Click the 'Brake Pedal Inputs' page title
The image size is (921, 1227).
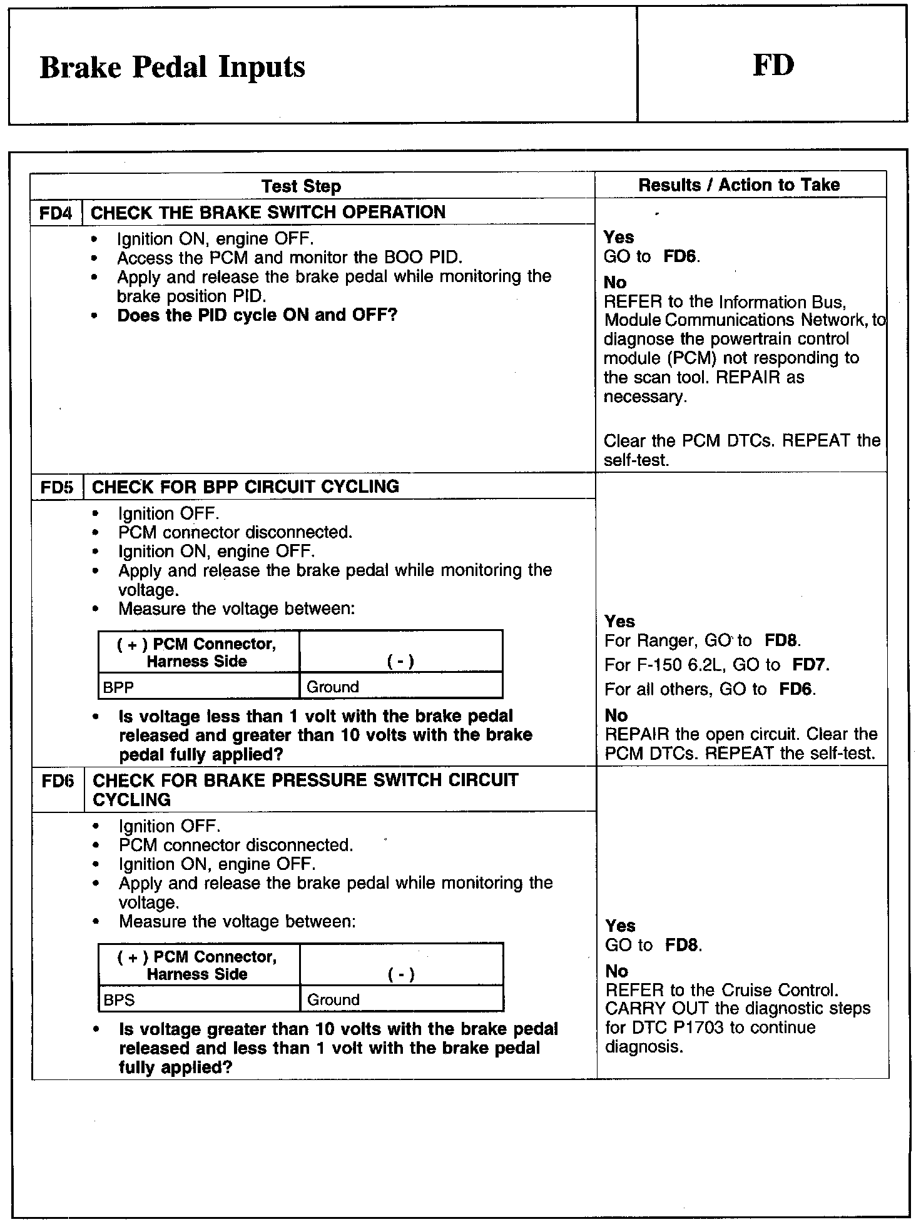172,67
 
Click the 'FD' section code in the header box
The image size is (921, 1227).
773,65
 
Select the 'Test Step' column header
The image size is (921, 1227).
301,186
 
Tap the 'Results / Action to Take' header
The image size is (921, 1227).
739,184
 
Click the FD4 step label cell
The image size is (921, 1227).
56,213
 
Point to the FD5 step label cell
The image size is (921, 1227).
57,487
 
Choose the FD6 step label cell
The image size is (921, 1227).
58,780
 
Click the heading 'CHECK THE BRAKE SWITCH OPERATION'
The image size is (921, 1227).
268,212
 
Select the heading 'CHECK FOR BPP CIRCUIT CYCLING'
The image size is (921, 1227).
245,487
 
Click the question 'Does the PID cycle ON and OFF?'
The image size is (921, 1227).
257,315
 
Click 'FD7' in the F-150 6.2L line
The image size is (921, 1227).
810,664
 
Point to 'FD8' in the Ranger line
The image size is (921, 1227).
781,640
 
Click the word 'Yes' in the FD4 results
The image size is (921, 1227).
619,237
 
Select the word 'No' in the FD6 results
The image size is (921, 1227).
616,971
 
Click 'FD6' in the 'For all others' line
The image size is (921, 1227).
796,689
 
